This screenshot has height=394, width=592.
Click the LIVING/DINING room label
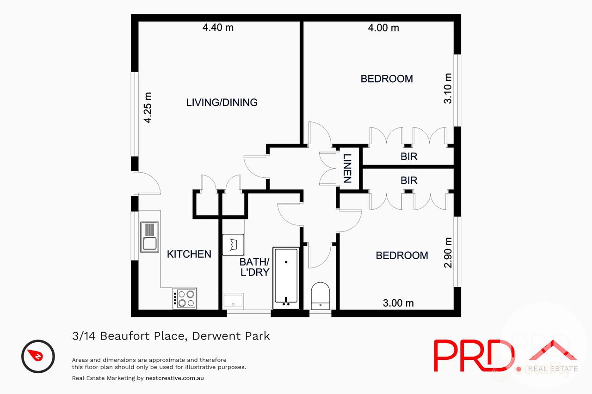[x=222, y=102]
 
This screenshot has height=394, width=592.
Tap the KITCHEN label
[x=189, y=254]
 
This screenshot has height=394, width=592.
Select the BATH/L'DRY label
[x=254, y=267]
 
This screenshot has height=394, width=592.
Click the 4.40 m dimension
[x=218, y=27]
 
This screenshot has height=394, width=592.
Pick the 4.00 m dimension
[x=383, y=27]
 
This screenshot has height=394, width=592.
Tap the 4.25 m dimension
[x=148, y=107]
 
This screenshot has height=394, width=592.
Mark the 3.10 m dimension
[x=447, y=88]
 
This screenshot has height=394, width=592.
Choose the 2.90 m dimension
[x=447, y=253]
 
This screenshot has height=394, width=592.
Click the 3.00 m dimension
[x=398, y=303]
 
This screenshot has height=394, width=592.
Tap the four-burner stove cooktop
[x=185, y=298]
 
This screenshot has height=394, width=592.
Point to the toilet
[x=320, y=296]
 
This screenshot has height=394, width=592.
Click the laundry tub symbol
[x=233, y=244]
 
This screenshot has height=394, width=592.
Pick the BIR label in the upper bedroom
[x=409, y=157]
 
